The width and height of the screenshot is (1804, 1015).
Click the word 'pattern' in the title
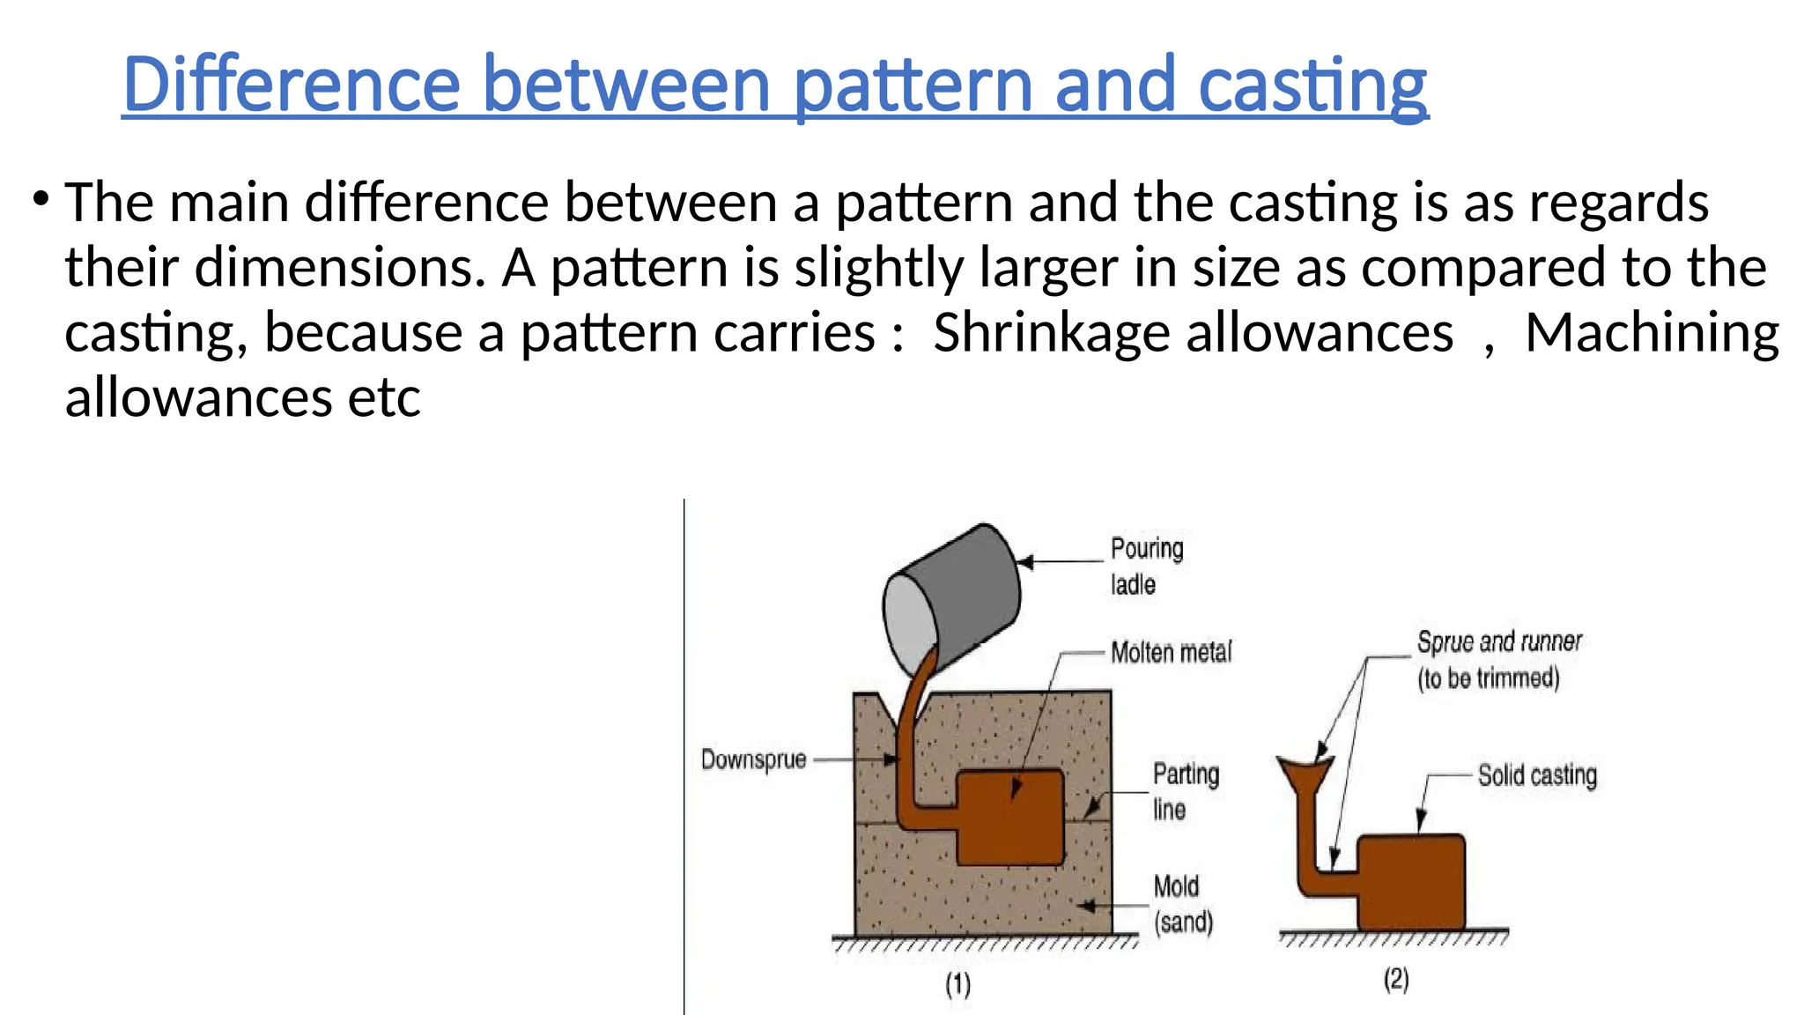(913, 85)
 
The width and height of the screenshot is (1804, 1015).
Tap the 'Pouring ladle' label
(1146, 566)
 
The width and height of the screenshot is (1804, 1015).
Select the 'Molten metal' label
(1171, 652)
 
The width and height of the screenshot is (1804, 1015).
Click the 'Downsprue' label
(753, 759)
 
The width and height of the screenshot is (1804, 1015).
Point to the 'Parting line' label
(1185, 791)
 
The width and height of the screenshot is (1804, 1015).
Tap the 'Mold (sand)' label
(1182, 904)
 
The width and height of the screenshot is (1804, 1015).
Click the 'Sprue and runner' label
(1499, 641)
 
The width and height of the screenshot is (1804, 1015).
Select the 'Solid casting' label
(1537, 775)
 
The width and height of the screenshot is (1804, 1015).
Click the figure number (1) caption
(958, 983)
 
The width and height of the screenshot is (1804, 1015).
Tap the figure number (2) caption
(1396, 979)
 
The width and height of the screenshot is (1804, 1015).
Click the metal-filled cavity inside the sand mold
(1009, 818)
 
